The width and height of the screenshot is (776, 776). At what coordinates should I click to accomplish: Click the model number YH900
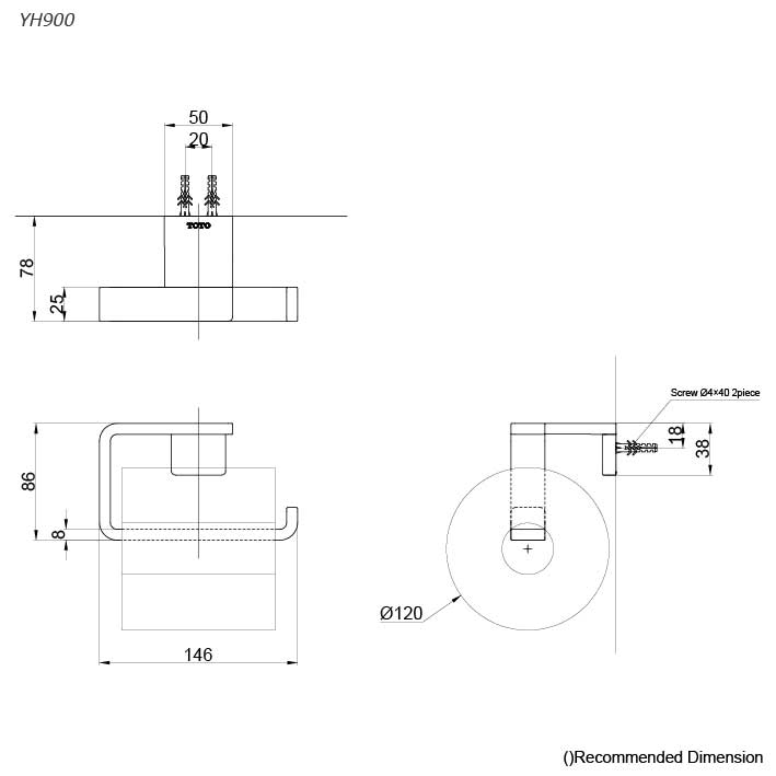coord(47,20)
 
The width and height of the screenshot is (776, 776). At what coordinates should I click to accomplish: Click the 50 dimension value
coord(198,117)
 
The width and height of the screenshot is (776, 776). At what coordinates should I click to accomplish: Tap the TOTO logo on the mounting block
coord(198,226)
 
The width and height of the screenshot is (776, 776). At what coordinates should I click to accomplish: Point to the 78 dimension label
coord(27,267)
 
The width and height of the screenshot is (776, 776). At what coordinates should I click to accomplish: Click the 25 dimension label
coord(57,304)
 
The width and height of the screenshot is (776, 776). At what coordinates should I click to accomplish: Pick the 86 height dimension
coord(28,481)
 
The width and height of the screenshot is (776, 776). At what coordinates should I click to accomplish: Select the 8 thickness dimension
coord(59,534)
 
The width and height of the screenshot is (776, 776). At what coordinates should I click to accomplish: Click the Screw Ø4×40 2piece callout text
coord(715,392)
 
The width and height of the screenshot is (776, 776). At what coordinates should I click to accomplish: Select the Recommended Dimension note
coord(663,757)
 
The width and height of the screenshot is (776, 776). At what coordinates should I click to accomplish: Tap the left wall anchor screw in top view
coord(185,195)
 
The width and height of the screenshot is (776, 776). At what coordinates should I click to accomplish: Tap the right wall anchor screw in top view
coord(212,195)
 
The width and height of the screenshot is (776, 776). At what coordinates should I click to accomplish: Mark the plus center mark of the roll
coord(528,549)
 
